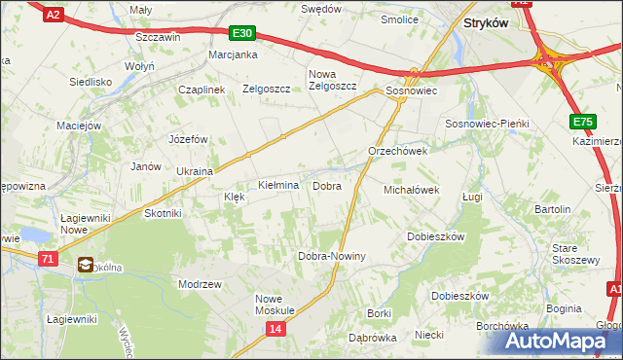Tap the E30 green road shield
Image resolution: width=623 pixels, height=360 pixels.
click(243, 33)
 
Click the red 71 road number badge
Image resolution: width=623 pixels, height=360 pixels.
click(49, 258)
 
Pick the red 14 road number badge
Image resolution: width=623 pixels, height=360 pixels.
click(275, 330)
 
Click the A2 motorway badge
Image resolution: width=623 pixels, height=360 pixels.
click(54, 13)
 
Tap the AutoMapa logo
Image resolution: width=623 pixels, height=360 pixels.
click(560, 341)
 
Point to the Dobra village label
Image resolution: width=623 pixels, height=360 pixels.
click(326, 185)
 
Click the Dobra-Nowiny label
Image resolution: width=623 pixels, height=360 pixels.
click(331, 256)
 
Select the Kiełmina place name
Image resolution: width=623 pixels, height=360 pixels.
click(277, 185)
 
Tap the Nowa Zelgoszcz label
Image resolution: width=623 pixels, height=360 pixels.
click(333, 80)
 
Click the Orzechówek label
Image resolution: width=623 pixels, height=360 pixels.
click(398, 152)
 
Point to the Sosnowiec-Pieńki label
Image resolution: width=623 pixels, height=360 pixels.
click(486, 125)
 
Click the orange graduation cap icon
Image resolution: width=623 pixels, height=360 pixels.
click(86, 264)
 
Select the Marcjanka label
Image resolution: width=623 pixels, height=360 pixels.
click(233, 54)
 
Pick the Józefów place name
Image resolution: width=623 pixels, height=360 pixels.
click(189, 139)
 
